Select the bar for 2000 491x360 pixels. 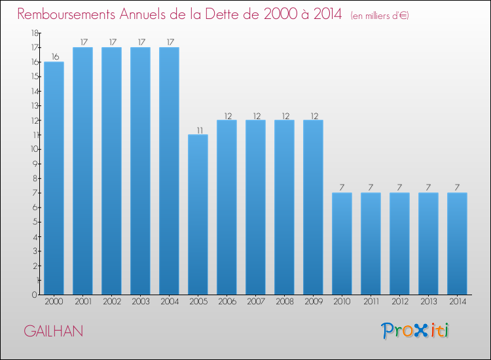point(54,178)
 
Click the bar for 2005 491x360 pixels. point(198,215)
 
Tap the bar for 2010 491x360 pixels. point(342,243)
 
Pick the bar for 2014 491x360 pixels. point(457,243)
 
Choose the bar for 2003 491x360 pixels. point(140,171)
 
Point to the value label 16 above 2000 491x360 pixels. point(55,57)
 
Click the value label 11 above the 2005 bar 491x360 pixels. point(200,130)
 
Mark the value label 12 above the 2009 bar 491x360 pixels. point(314,116)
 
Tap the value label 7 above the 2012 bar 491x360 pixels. point(399,187)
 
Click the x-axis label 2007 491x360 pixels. point(255,302)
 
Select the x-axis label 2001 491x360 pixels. point(82,302)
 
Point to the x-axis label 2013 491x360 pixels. point(428,302)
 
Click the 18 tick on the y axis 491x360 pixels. point(35,33)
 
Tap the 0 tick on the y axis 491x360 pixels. point(35,295)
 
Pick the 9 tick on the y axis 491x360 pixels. point(35,164)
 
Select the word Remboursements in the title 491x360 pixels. point(66,14)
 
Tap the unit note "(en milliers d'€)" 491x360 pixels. point(380,16)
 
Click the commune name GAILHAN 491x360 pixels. point(54,331)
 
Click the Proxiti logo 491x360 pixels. point(415,331)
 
